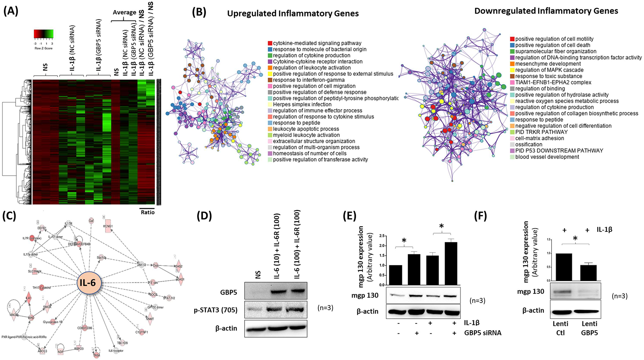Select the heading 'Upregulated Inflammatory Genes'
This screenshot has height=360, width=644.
pyautogui.click(x=293, y=14)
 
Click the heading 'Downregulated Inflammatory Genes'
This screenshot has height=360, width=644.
pyautogui.click(x=546, y=11)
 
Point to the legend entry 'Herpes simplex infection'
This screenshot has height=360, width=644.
pyautogui.click(x=298, y=104)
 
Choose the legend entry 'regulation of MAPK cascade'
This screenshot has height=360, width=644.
pyautogui.click(x=549, y=70)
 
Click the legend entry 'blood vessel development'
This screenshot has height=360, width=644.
pyautogui.click(x=547, y=157)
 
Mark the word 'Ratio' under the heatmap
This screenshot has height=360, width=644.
pyautogui.click(x=148, y=212)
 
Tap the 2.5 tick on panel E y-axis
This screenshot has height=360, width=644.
pyautogui.click(x=382, y=236)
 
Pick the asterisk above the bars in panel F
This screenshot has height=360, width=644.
pyautogui.click(x=575, y=239)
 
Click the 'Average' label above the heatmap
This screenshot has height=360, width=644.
pyautogui.click(x=124, y=12)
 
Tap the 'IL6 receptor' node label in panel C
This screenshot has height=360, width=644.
pyautogui.click(x=116, y=351)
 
